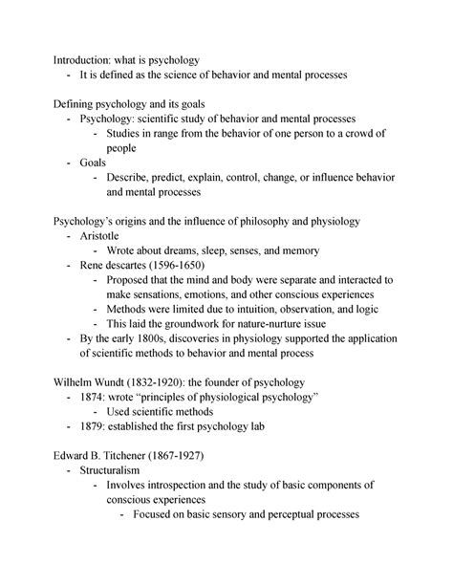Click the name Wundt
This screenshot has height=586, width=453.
117,380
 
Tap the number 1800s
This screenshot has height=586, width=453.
150,337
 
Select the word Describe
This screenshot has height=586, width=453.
135,177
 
